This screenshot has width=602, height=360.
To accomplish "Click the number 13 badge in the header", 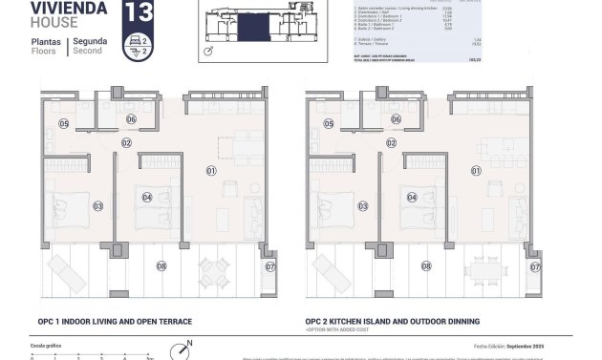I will point(138,13).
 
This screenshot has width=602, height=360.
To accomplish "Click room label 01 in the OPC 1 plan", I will point(212,170).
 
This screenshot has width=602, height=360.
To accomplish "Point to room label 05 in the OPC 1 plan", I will point(63,123).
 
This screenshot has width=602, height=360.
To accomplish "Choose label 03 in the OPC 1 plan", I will point(97,205).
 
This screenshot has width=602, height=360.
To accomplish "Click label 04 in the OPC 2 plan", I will point(412,198).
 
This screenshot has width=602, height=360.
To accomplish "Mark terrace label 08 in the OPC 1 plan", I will point(161,265).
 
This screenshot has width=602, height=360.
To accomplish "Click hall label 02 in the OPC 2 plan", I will point(391,142).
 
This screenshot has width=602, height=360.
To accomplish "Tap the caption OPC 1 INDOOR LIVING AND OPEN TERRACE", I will point(116,322).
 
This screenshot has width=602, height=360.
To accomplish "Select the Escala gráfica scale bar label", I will point(46,345).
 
